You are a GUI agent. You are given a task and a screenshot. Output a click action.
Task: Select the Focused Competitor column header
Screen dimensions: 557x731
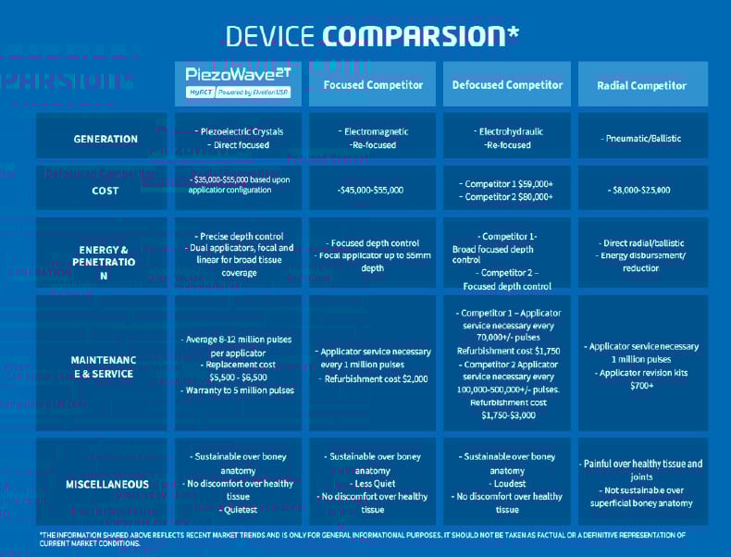pyautogui.click(x=373, y=85)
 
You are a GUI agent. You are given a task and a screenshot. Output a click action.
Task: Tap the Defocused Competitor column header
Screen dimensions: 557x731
pyautogui.click(x=507, y=85)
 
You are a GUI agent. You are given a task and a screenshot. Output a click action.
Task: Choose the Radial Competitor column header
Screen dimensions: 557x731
pyautogui.click(x=641, y=85)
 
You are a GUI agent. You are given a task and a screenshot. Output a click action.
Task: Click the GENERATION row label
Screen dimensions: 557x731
pyautogui.click(x=105, y=139)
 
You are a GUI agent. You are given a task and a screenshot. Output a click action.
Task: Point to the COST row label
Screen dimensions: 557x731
pyautogui.click(x=105, y=191)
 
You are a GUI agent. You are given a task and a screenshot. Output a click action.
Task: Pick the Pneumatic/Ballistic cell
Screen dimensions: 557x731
pyautogui.click(x=643, y=139)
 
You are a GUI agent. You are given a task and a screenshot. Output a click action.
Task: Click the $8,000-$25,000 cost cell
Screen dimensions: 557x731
pyautogui.click(x=641, y=190)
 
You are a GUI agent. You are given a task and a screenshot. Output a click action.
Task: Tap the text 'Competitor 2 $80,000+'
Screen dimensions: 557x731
pyautogui.click(x=507, y=197)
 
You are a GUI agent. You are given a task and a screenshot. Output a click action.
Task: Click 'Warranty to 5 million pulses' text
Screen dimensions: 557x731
pyautogui.click(x=239, y=390)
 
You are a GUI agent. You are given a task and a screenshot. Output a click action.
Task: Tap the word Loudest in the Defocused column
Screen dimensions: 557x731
pyautogui.click(x=509, y=484)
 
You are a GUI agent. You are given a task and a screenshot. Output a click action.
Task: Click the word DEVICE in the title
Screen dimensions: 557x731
pyautogui.click(x=269, y=36)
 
